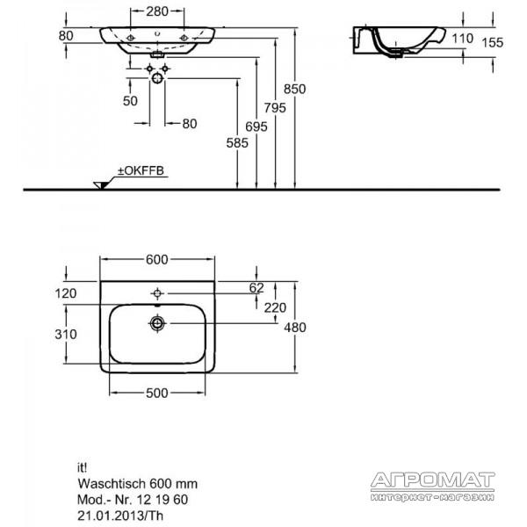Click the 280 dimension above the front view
click(157, 11)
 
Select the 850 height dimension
click(295, 89)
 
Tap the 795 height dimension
click(275, 108)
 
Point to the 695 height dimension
click(256, 126)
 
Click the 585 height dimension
click(237, 143)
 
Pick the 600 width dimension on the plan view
click(157, 259)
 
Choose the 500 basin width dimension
click(157, 393)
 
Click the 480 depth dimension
click(295, 328)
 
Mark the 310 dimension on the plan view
click(66, 334)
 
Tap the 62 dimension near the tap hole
click(256, 288)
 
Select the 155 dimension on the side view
click(493, 43)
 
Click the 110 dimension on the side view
click(463, 39)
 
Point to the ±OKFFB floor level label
click(141, 170)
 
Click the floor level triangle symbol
click(101, 185)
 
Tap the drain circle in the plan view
click(157, 323)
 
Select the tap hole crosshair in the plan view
click(157, 293)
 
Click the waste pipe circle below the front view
click(157, 79)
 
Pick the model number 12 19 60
click(162, 500)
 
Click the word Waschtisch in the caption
click(112, 484)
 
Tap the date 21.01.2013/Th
click(120, 516)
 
